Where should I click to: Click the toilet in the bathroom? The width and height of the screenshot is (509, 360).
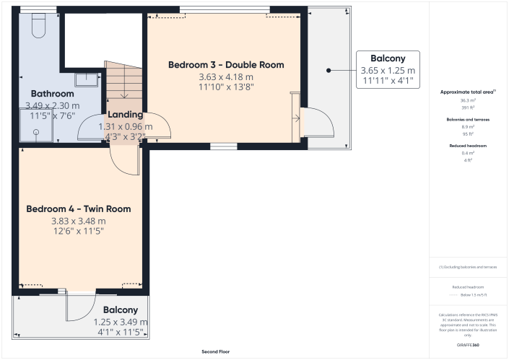(40, 28)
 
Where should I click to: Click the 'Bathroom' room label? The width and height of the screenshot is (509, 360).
(52, 94)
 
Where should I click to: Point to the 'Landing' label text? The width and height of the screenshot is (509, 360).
(125, 115)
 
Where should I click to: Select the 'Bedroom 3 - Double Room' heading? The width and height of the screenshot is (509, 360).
(226, 65)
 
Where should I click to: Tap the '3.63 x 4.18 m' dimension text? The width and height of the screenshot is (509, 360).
(226, 76)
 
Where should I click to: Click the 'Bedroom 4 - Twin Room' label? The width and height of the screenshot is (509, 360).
(79, 209)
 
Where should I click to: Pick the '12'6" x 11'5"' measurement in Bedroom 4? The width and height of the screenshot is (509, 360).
(79, 231)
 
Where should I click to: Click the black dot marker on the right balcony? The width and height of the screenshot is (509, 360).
(328, 71)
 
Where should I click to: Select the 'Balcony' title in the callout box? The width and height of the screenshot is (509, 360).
(388, 58)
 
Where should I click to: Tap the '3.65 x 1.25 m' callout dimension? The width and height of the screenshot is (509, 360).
(388, 71)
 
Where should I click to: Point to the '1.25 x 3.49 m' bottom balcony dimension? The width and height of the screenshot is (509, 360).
(121, 322)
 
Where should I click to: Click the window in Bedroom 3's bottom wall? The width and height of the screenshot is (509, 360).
(224, 146)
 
